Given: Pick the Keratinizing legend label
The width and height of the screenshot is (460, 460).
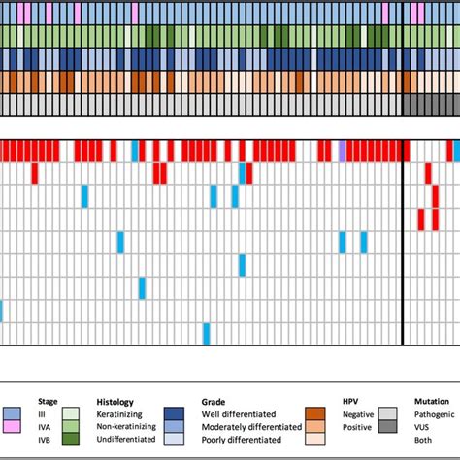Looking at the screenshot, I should point(123,411).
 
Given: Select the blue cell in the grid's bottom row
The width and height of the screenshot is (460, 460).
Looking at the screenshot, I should point(207,333).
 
